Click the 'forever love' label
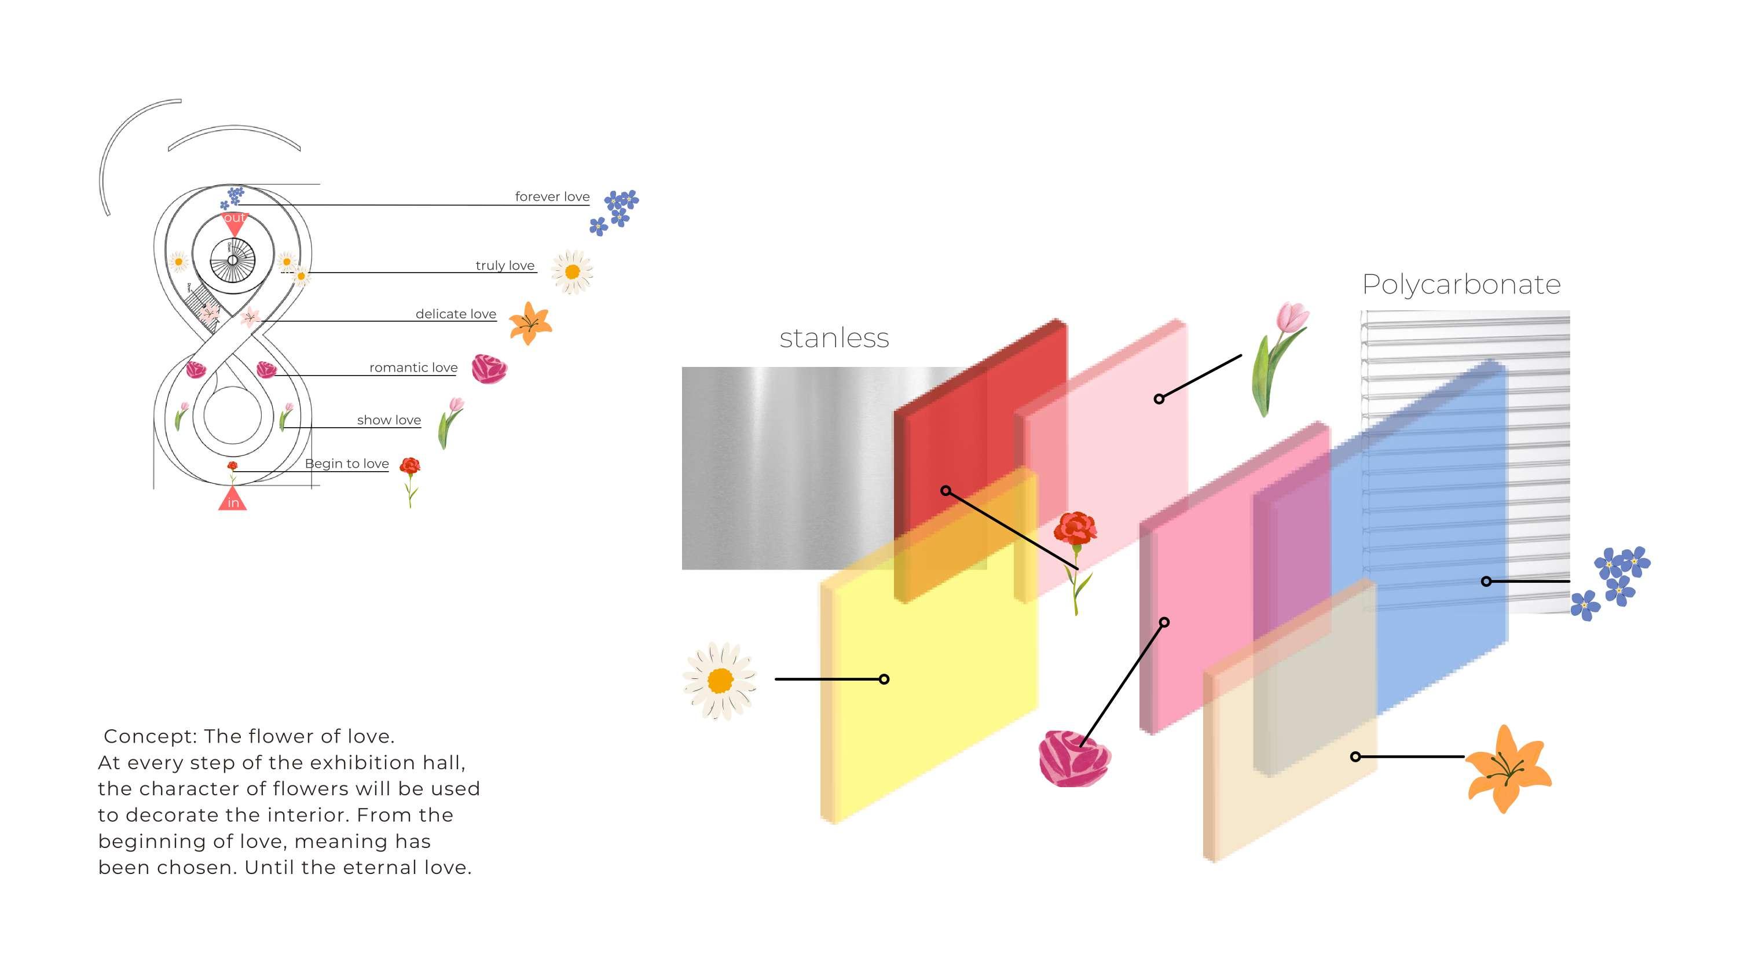coord(552,196)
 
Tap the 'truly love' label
coord(504,265)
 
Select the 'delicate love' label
coord(455,314)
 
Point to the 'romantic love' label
coord(413,368)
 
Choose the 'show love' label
coord(389,420)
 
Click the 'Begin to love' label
coord(347,463)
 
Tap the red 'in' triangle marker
coord(233,499)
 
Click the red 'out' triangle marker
coord(234,222)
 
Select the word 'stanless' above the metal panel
coord(834,338)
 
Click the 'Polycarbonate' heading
coord(1461,285)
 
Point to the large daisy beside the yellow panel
coord(720,680)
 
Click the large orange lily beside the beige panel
coord(1508,769)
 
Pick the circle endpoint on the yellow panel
coord(884,679)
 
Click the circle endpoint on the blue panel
coord(1486,581)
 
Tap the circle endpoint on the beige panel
coord(1355,756)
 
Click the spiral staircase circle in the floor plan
coord(233,260)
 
